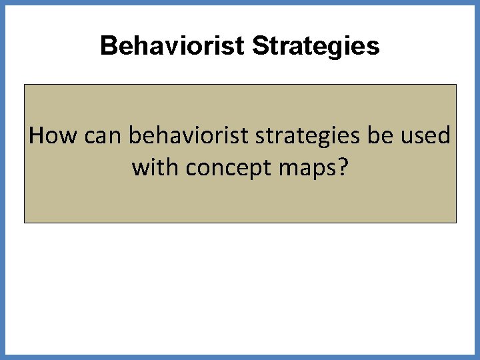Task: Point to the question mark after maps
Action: coord(342,168)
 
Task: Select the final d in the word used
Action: coord(444,136)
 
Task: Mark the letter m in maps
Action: coord(282,169)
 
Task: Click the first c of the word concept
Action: coord(191,169)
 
